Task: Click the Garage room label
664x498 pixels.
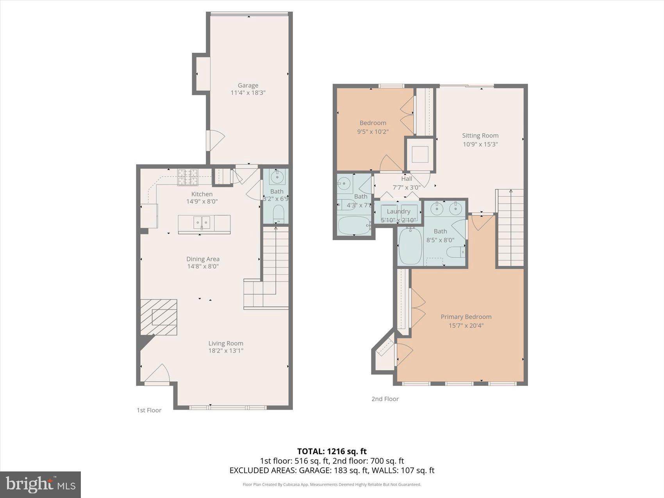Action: click(248, 85)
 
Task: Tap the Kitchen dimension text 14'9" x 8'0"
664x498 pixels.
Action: click(202, 202)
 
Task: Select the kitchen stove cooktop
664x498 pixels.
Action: click(188, 177)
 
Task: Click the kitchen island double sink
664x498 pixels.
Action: click(202, 222)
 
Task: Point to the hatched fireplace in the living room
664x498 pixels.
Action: click(159, 317)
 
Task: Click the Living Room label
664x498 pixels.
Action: click(226, 343)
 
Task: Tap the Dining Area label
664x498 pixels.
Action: click(203, 259)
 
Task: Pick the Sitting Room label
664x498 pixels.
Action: click(480, 136)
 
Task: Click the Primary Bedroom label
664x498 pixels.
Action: click(466, 317)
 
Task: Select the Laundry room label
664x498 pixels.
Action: click(398, 211)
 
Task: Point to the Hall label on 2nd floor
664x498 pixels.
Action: click(407, 179)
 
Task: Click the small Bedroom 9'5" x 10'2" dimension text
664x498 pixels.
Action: click(373, 132)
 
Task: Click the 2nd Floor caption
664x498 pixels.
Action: click(385, 399)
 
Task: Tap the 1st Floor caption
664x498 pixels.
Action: click(149, 410)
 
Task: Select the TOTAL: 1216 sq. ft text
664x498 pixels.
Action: click(332, 452)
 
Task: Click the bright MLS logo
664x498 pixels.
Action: click(41, 484)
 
